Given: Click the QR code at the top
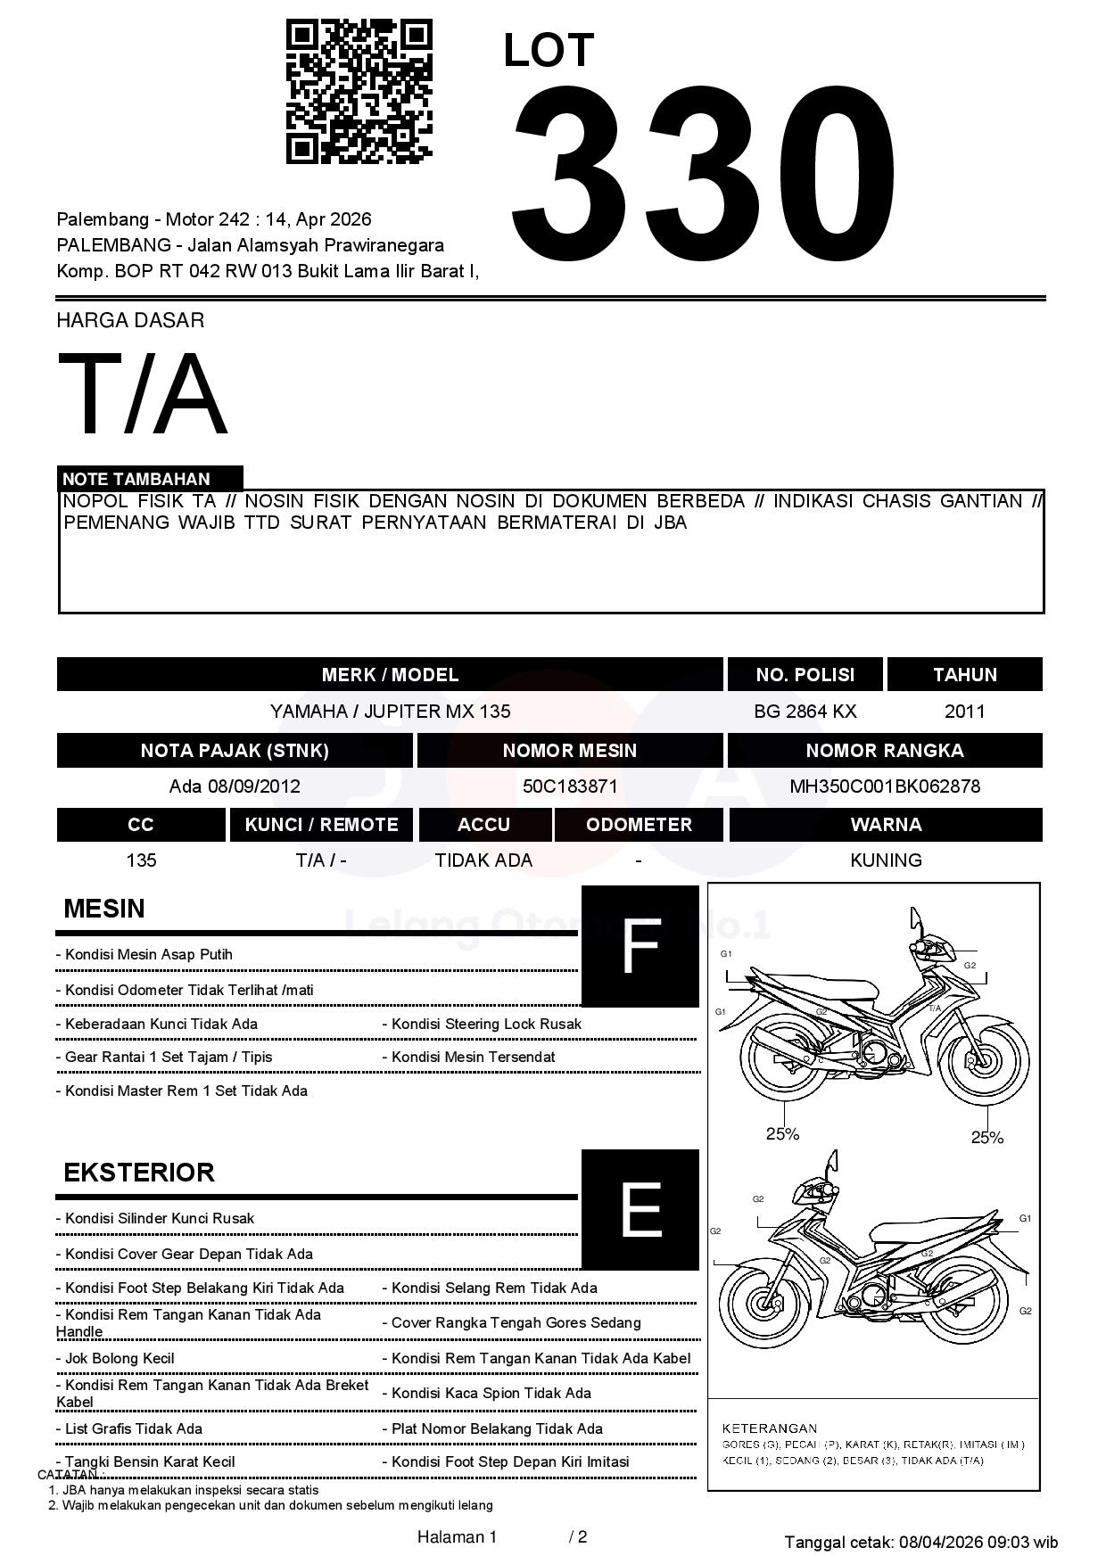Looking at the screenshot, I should pos(359,92).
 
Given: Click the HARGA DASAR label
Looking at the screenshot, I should pos(130,320).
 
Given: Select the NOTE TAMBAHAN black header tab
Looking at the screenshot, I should pos(150,479).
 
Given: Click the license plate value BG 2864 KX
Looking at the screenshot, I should pos(805,712).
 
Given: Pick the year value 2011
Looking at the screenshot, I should pos(964,712).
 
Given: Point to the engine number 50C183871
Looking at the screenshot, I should pos(569,786).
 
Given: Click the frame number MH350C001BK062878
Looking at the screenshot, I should pos(884,786).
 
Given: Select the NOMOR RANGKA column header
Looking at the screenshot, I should pos(884,751).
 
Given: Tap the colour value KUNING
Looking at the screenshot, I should pos(885,860).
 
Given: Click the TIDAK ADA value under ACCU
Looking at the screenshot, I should pos(483,860).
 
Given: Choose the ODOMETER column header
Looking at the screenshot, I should pos(639,825).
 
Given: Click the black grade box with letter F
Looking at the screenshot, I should pos(640,946).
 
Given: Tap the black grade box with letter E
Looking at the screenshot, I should pos(640,1209).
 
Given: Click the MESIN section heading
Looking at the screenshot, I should pos(104,909).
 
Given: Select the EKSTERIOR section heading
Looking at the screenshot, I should pos(139,1172).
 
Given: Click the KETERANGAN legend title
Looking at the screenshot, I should pos(769,1428).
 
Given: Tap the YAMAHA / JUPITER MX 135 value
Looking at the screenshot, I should pos(390,712).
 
